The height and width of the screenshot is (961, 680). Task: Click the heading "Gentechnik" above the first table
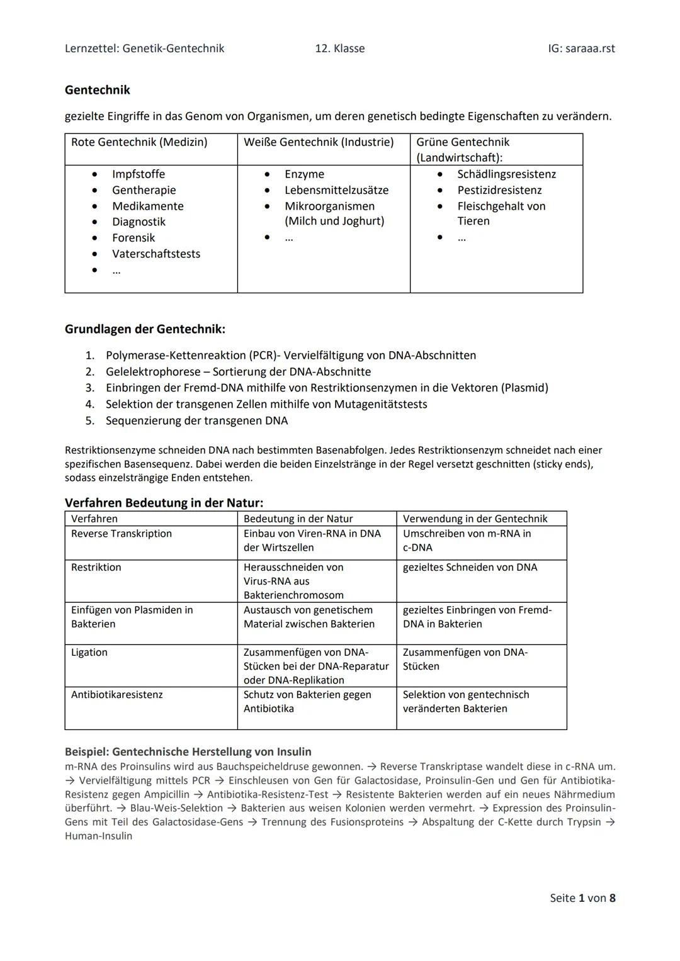pyautogui.click(x=98, y=90)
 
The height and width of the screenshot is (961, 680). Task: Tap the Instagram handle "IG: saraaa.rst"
pyautogui.click(x=581, y=48)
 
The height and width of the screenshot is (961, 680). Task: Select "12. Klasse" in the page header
pyautogui.click(x=340, y=48)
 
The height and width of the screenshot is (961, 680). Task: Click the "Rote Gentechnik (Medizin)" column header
pyautogui.click(x=139, y=142)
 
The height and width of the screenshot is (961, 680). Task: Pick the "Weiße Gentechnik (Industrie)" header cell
pyautogui.click(x=319, y=142)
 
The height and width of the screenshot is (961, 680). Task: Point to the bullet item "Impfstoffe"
pyautogui.click(x=139, y=174)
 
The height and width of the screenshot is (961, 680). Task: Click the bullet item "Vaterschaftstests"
pyautogui.click(x=156, y=254)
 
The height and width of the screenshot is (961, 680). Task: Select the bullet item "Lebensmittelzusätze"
pyautogui.click(x=336, y=190)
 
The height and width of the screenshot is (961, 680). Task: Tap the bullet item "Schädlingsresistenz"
pyautogui.click(x=506, y=174)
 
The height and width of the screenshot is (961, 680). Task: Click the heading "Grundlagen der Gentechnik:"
pyautogui.click(x=145, y=329)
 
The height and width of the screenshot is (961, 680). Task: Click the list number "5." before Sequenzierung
pyautogui.click(x=90, y=420)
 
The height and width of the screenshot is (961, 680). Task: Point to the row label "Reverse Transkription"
pyautogui.click(x=122, y=534)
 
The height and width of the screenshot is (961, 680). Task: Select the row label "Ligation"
pyautogui.click(x=89, y=653)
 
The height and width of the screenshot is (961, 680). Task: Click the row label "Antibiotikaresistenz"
pyautogui.click(x=117, y=695)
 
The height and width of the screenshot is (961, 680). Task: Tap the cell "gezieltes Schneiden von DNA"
pyautogui.click(x=470, y=568)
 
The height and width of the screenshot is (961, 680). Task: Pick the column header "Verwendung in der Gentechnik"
pyautogui.click(x=475, y=519)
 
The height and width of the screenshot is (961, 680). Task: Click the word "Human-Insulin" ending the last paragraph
pyautogui.click(x=99, y=836)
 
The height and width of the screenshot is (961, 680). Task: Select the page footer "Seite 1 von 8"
pyautogui.click(x=582, y=898)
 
